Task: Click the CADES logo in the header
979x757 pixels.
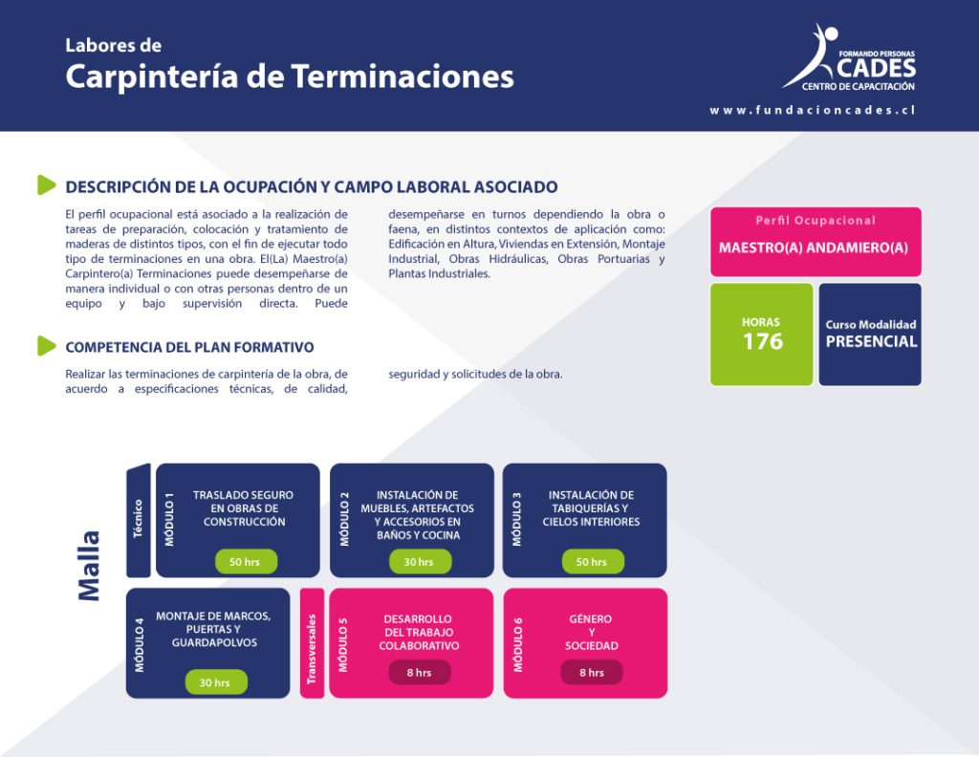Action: (849, 58)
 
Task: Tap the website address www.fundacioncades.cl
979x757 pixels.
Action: (813, 111)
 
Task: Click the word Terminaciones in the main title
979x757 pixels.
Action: (402, 76)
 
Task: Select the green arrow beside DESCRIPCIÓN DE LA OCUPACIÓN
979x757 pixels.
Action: (47, 184)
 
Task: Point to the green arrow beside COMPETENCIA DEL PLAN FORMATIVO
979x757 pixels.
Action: (47, 346)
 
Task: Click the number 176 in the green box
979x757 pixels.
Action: (762, 341)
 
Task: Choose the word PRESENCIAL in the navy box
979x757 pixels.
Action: (872, 341)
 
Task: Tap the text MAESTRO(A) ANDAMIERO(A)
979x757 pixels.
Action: (814, 248)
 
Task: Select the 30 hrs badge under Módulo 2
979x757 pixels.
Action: (420, 562)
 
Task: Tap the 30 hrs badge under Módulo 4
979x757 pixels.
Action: (216, 682)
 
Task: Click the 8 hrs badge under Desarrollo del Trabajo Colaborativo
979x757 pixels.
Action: (420, 673)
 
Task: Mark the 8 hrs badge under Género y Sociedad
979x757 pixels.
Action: (592, 673)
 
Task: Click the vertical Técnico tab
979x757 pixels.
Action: (138, 520)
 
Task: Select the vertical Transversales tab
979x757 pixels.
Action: (312, 643)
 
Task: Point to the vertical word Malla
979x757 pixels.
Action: (89, 566)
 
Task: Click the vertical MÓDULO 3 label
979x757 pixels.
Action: (517, 519)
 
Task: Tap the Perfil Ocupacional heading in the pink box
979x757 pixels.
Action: (816, 220)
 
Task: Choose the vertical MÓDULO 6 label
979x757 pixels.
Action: (517, 644)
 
